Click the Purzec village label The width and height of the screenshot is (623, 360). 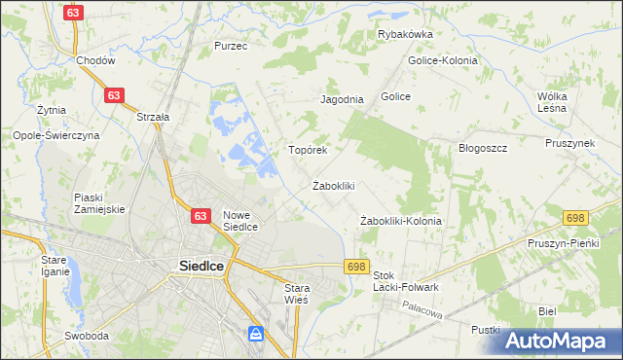pyautogui.click(x=232, y=46)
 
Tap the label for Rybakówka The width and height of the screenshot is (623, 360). pyautogui.click(x=405, y=34)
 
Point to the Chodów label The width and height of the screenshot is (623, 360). pyautogui.click(x=95, y=60)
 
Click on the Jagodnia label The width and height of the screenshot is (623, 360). pyautogui.click(x=342, y=99)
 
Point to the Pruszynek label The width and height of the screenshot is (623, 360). pyautogui.click(x=569, y=143)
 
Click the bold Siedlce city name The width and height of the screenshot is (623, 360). pyautogui.click(x=202, y=265)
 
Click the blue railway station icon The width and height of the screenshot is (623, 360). pyautogui.click(x=256, y=335)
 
